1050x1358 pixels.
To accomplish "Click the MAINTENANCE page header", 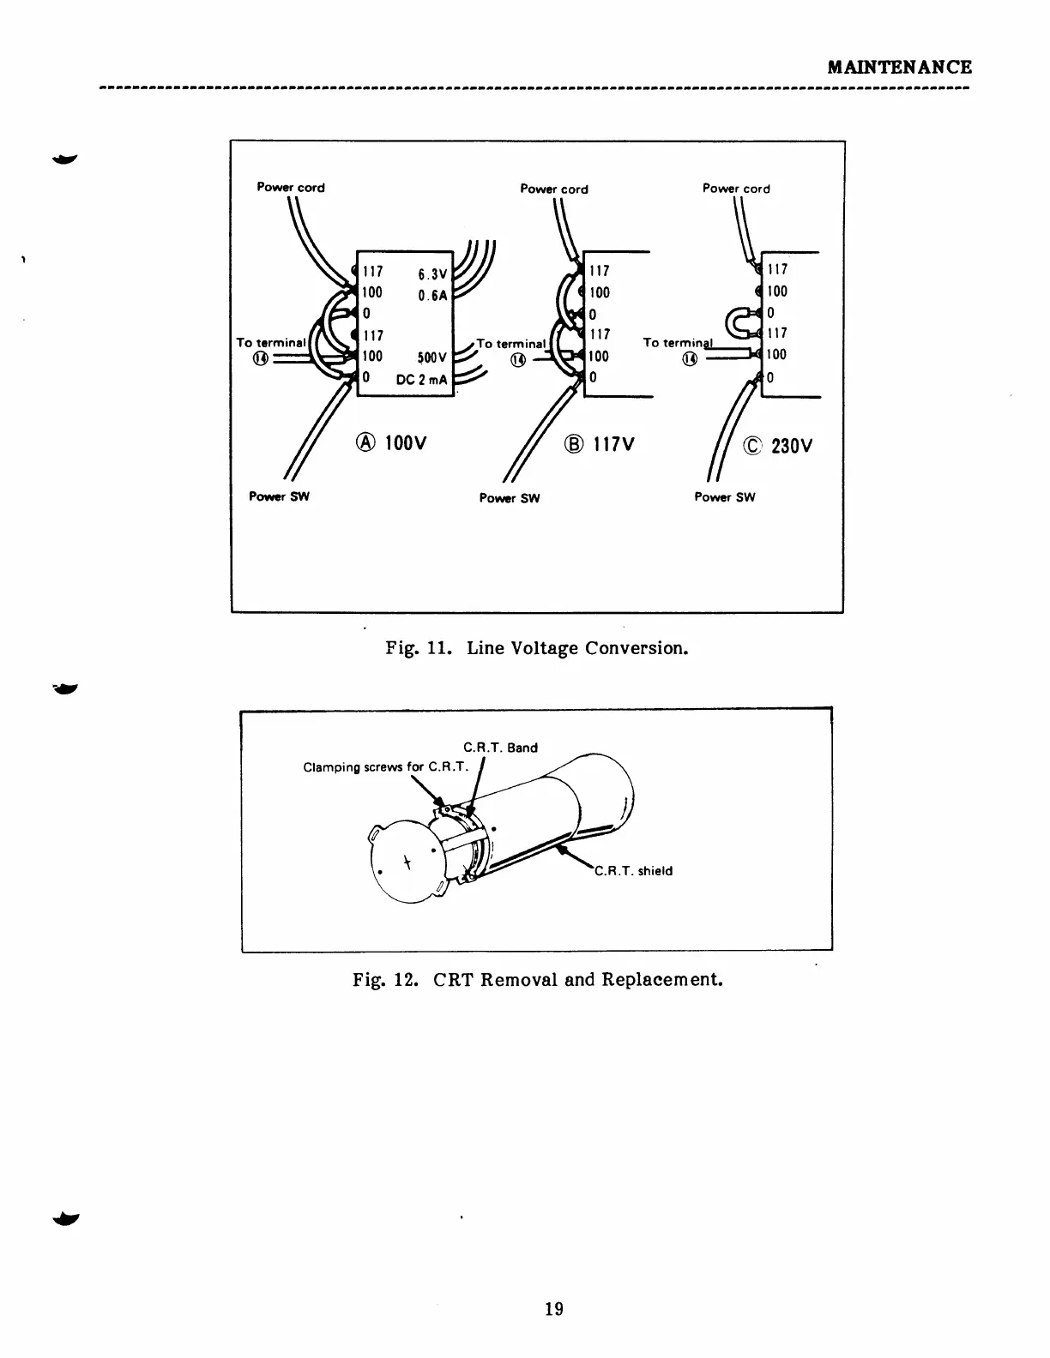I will coord(899,67).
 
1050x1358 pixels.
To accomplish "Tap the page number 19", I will coord(554,1308).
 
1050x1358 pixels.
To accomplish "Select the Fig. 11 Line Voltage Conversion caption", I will coord(537,647).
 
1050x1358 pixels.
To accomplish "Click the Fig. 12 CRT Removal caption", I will coord(538,979).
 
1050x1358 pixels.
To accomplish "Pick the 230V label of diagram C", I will coord(779,447).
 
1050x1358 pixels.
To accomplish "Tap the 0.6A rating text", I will coord(433,296).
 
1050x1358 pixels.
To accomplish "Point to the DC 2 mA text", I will coord(423,380).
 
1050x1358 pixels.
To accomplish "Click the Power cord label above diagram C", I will coord(736,189).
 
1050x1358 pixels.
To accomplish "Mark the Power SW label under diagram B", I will coord(510,498).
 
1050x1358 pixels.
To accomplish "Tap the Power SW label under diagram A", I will coord(279,496).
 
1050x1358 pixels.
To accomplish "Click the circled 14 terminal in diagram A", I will coord(261,358).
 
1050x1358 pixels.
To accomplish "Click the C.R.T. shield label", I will coord(634,871).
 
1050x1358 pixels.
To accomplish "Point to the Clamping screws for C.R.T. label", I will coord(385,766).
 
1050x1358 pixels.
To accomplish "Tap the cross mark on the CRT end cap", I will coord(408,862).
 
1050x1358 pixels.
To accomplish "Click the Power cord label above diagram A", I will coord(291,188).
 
